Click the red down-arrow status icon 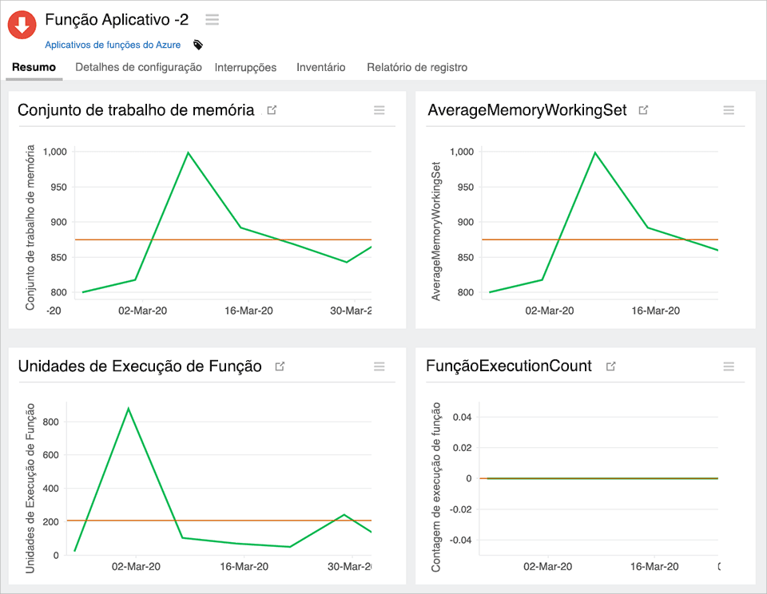(x=22, y=25)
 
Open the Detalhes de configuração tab (x=138, y=68)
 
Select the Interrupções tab (x=245, y=68)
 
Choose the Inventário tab (x=320, y=68)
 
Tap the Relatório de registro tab (x=417, y=68)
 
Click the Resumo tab (x=34, y=68)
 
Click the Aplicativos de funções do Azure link (x=113, y=46)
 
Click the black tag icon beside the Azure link (x=198, y=46)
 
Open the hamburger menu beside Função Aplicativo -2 (x=212, y=20)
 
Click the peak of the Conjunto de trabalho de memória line (x=188, y=152)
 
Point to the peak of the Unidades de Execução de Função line (x=128, y=409)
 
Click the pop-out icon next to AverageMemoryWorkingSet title (x=644, y=110)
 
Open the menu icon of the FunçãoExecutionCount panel (x=729, y=366)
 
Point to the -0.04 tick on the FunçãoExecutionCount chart (x=461, y=541)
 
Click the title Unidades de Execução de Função (x=140, y=366)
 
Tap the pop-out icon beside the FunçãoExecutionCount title (x=611, y=366)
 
